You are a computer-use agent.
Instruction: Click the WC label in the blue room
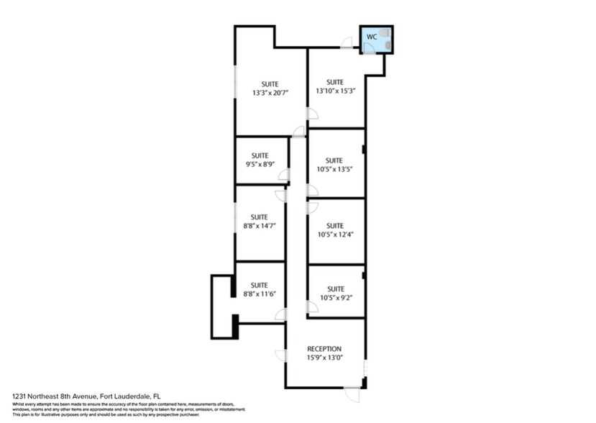click(x=371, y=36)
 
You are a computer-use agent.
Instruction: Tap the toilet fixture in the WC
click(x=386, y=33)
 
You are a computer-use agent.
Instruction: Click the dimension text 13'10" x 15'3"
click(x=336, y=91)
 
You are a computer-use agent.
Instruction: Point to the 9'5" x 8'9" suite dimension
click(x=260, y=165)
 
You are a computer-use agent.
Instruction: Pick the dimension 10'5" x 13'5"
click(x=334, y=170)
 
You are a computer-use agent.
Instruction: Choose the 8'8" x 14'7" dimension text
click(x=260, y=226)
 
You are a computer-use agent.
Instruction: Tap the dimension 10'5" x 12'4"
click(x=334, y=235)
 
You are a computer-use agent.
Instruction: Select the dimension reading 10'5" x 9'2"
click(x=334, y=297)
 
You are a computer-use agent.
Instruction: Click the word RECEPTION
click(x=324, y=349)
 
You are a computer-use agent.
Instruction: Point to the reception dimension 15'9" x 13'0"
click(x=324, y=358)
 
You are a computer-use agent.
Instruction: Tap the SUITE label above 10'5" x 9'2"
click(x=335, y=288)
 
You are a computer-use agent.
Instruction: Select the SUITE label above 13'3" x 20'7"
click(x=270, y=83)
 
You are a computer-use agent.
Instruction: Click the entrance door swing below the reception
click(x=352, y=394)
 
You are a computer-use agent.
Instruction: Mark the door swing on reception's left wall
click(x=281, y=355)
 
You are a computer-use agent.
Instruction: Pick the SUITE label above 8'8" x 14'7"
click(x=260, y=217)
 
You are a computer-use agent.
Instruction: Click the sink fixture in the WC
click(x=388, y=46)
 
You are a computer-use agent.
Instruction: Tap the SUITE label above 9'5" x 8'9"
click(x=260, y=155)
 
